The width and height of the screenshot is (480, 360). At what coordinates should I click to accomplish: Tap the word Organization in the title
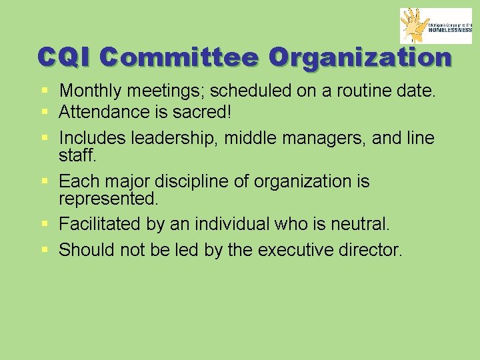[360, 57]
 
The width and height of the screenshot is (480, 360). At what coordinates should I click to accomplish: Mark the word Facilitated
[100, 224]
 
